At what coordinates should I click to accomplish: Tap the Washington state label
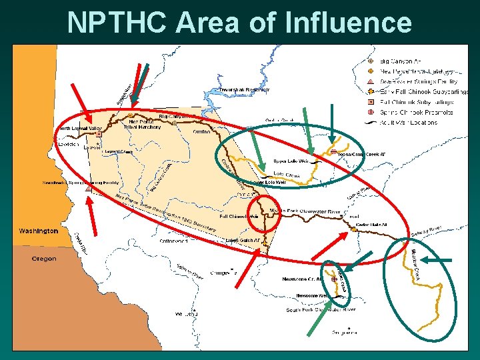(38, 231)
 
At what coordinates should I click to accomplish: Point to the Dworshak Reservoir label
(245, 90)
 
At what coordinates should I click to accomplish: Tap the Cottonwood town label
(173, 241)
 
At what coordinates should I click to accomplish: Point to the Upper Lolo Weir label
(291, 161)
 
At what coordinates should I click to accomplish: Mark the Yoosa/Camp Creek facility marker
(332, 152)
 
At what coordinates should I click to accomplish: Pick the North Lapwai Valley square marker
(99, 133)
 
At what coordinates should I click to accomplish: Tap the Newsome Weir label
(312, 295)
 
